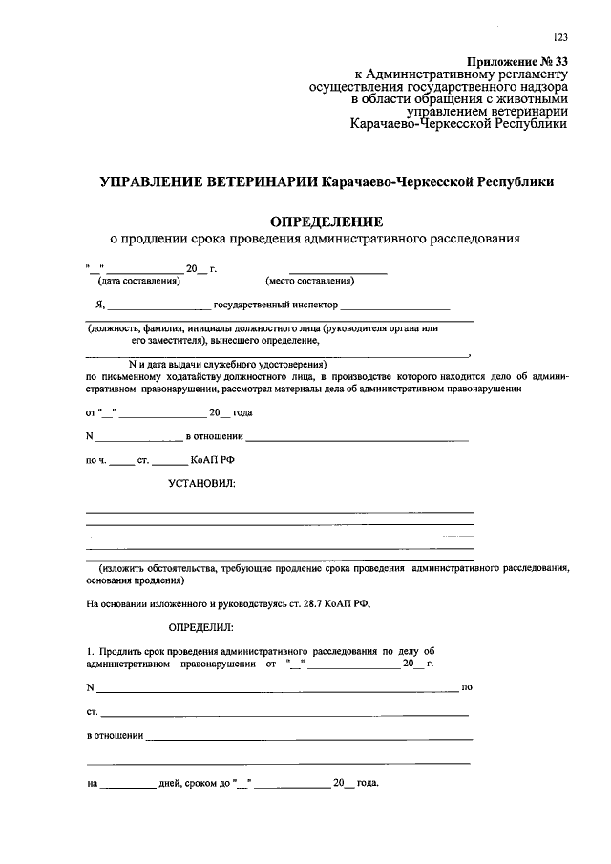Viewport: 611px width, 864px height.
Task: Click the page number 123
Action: pyautogui.click(x=559, y=37)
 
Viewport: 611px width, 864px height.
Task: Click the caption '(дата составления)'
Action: pyautogui.click(x=138, y=281)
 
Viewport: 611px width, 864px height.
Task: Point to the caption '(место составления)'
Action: pyautogui.click(x=309, y=281)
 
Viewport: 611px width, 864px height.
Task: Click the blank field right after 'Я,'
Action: pyautogui.click(x=158, y=307)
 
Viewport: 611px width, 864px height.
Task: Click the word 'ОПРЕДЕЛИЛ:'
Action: pyautogui.click(x=200, y=627)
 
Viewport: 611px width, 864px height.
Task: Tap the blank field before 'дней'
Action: pyautogui.click(x=128, y=785)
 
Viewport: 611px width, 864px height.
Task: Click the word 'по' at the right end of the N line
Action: pyautogui.click(x=467, y=687)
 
